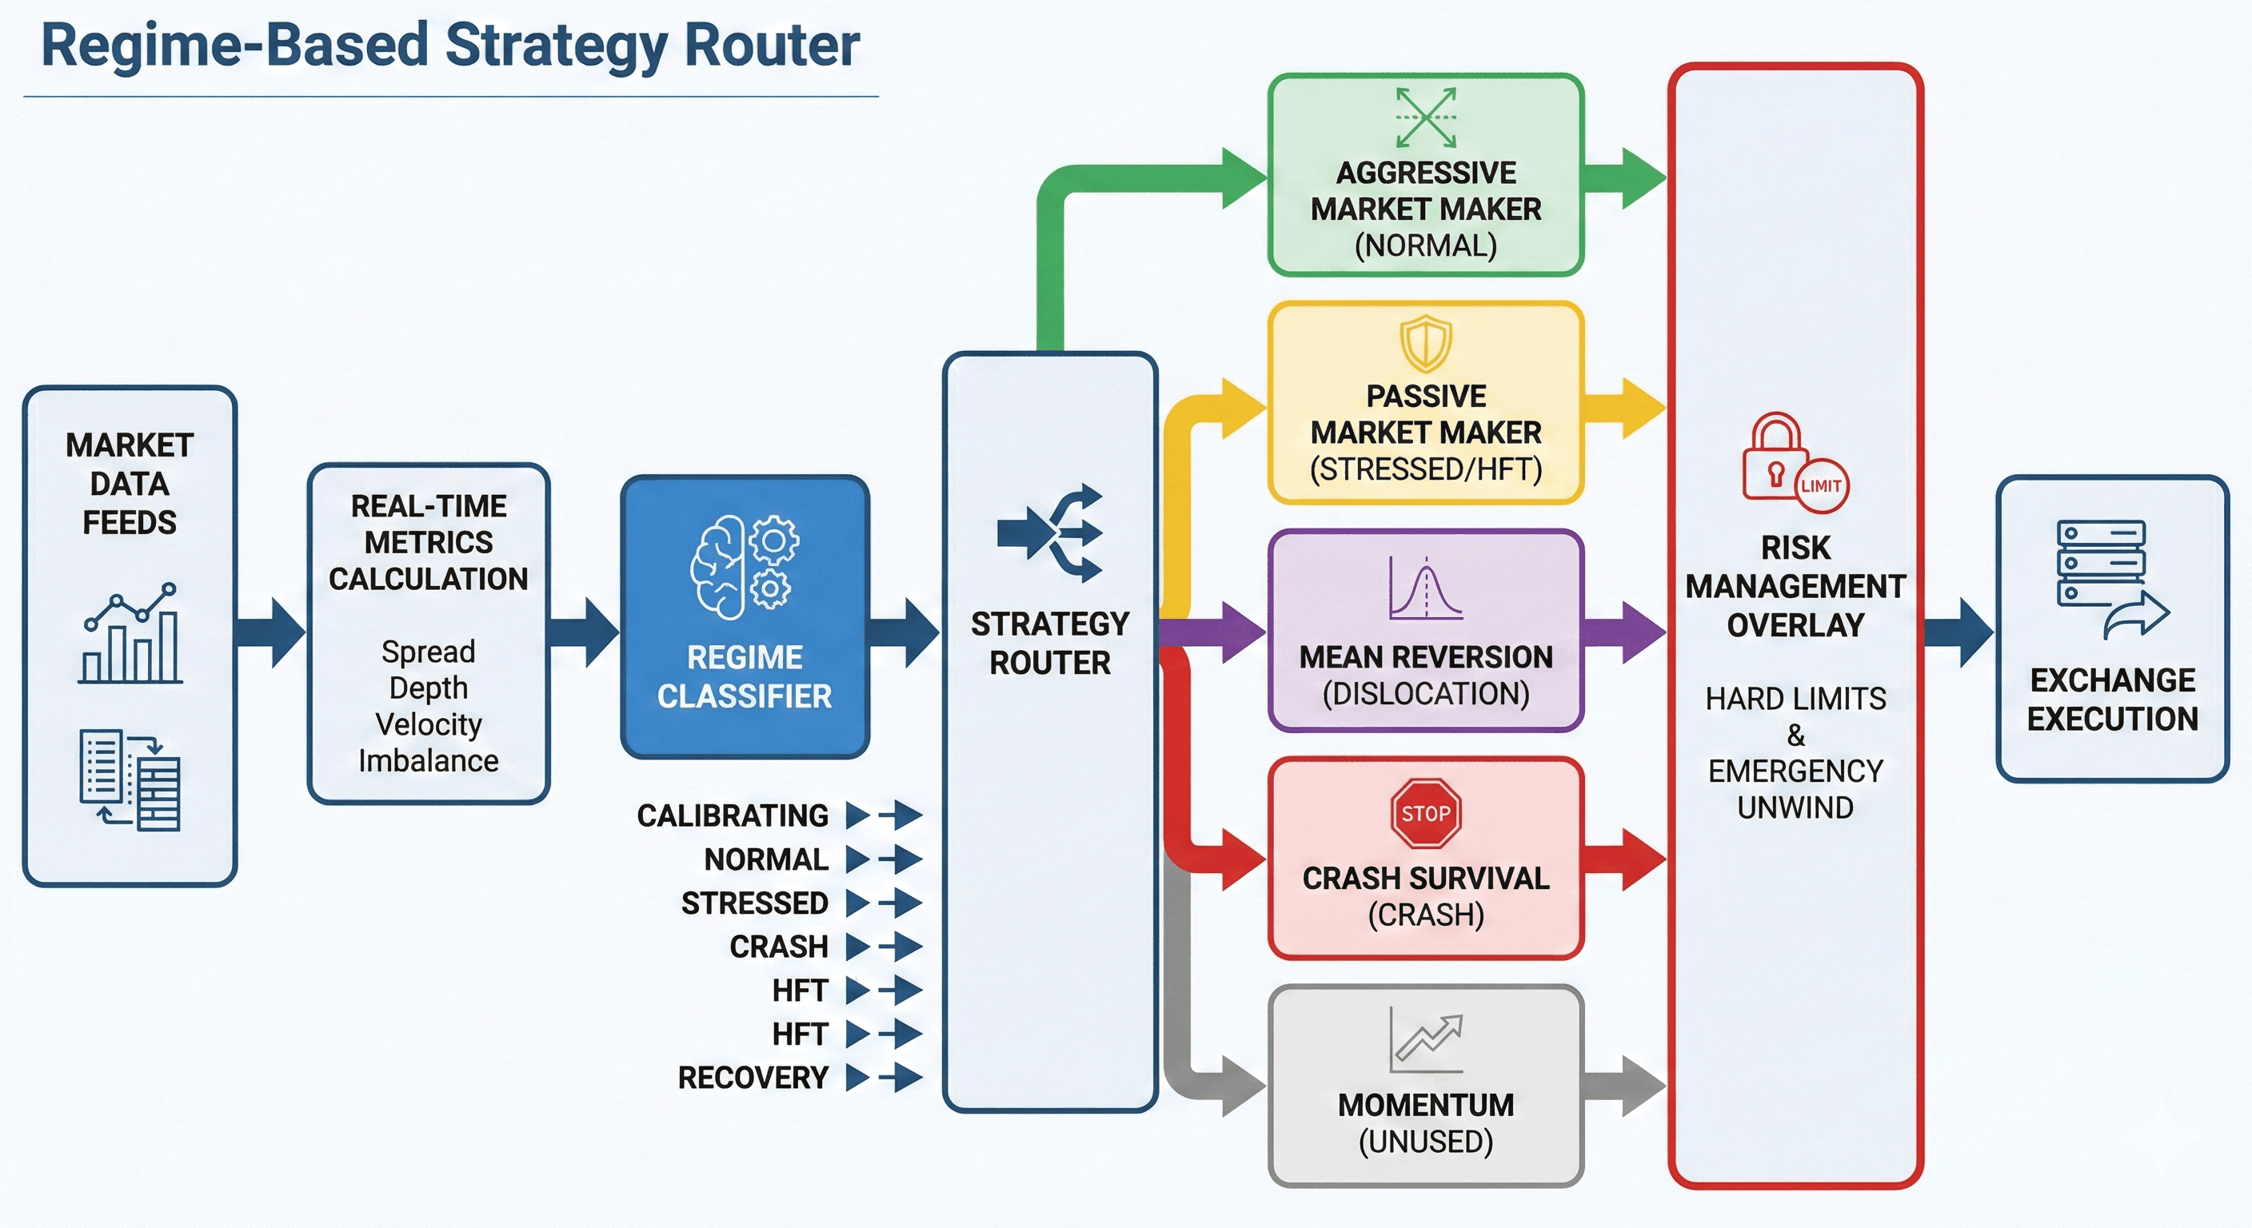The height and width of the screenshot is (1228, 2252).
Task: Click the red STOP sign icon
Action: click(1426, 814)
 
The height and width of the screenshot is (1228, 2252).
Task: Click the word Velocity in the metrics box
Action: click(429, 724)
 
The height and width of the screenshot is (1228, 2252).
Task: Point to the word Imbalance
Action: click(429, 761)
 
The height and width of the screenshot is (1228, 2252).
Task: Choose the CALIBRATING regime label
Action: click(733, 815)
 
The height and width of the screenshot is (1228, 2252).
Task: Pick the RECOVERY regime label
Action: click(753, 1078)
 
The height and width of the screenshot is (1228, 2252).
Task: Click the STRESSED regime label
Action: click(754, 903)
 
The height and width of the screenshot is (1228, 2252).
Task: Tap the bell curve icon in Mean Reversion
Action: click(1426, 589)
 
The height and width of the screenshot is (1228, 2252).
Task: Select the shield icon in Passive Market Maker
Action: click(1426, 343)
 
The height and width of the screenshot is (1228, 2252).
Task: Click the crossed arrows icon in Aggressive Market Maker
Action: click(1426, 117)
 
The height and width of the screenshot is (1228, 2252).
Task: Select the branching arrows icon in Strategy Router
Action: click(1051, 533)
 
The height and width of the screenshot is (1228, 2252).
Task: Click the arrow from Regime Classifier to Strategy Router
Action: click(906, 633)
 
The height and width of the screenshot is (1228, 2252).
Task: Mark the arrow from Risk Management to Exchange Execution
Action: click(1960, 633)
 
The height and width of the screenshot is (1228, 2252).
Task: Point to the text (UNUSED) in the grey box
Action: click(1426, 1142)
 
